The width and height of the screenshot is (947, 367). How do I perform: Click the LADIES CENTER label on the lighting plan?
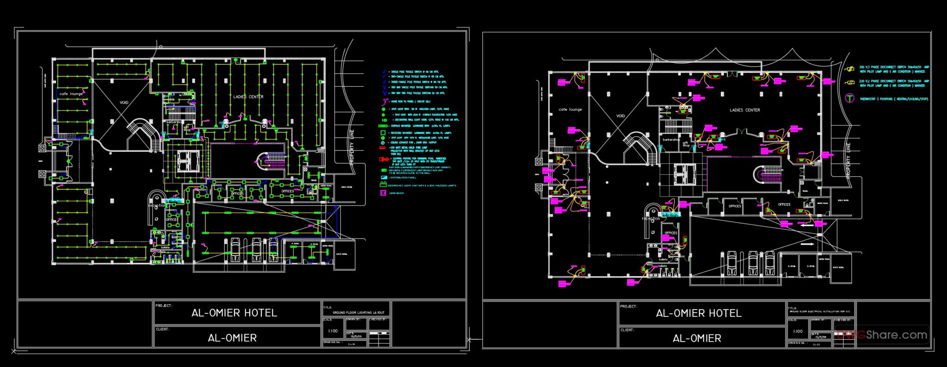coord(248,97)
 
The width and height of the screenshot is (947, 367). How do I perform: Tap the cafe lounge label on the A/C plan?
coord(570,109)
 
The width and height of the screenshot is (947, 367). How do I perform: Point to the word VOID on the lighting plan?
coord(124,102)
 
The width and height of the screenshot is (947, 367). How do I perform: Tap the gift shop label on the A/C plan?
coord(686,144)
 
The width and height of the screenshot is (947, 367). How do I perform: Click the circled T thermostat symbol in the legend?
coord(849,98)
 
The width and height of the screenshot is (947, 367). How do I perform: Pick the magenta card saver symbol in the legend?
coord(383,193)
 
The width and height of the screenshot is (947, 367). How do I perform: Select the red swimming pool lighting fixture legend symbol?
coord(383,159)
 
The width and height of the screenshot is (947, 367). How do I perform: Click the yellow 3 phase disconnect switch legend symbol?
coord(849,69)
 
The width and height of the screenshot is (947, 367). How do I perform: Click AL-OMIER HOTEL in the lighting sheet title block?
coord(234,313)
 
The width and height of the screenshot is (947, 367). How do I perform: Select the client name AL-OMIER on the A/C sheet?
coord(697,338)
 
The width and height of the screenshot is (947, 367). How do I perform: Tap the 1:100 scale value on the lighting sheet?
coord(332,331)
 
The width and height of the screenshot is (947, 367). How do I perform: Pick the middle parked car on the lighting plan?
coord(256,250)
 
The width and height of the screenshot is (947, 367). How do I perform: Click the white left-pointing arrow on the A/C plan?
coord(807,226)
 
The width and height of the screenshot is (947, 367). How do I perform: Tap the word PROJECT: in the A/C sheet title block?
coord(628,307)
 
